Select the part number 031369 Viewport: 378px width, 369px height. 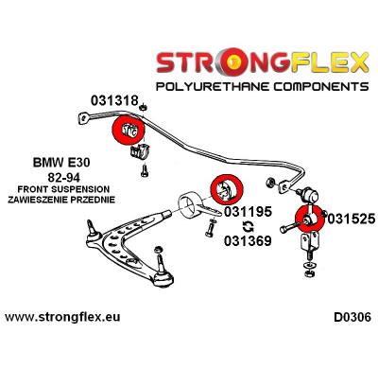[x=248, y=241]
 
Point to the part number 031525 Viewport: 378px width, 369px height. [x=351, y=217]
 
